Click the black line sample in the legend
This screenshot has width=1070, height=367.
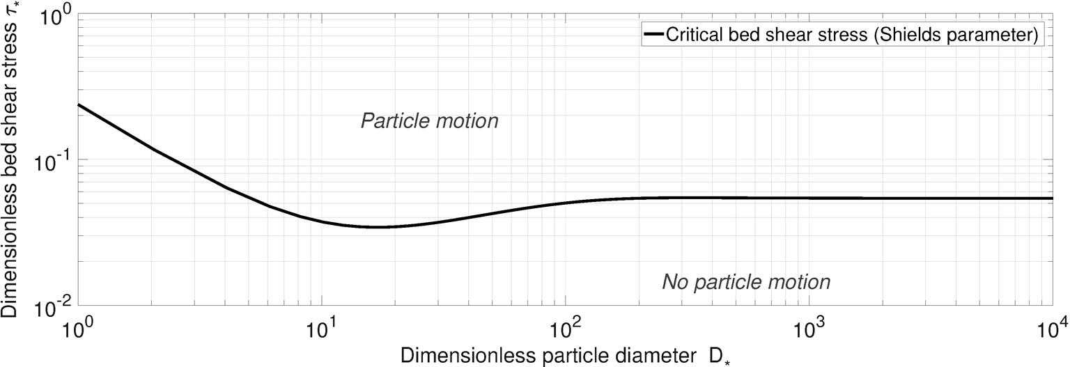point(654,34)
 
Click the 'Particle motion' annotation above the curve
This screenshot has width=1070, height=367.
point(430,121)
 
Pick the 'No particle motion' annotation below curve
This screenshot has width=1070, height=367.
point(745,282)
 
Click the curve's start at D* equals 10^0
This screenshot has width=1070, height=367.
point(79,105)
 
